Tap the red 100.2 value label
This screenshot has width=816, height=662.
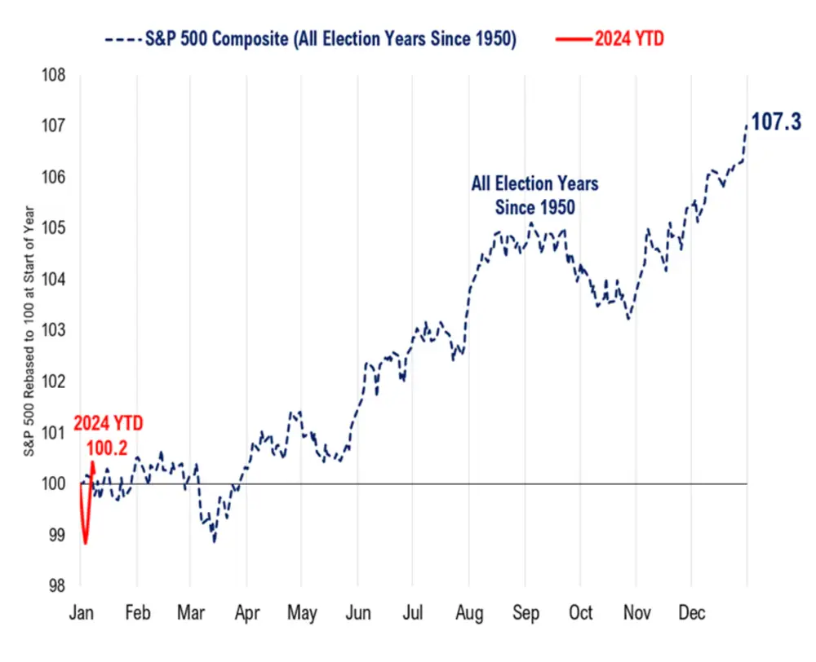[106, 448]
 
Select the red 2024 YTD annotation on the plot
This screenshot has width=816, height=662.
[108, 424]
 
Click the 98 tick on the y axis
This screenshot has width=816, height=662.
[56, 585]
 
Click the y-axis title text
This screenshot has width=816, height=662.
[28, 330]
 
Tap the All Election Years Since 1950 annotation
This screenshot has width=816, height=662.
[534, 195]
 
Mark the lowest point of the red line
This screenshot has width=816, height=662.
[85, 543]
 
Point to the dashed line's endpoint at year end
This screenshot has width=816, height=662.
[746, 125]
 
